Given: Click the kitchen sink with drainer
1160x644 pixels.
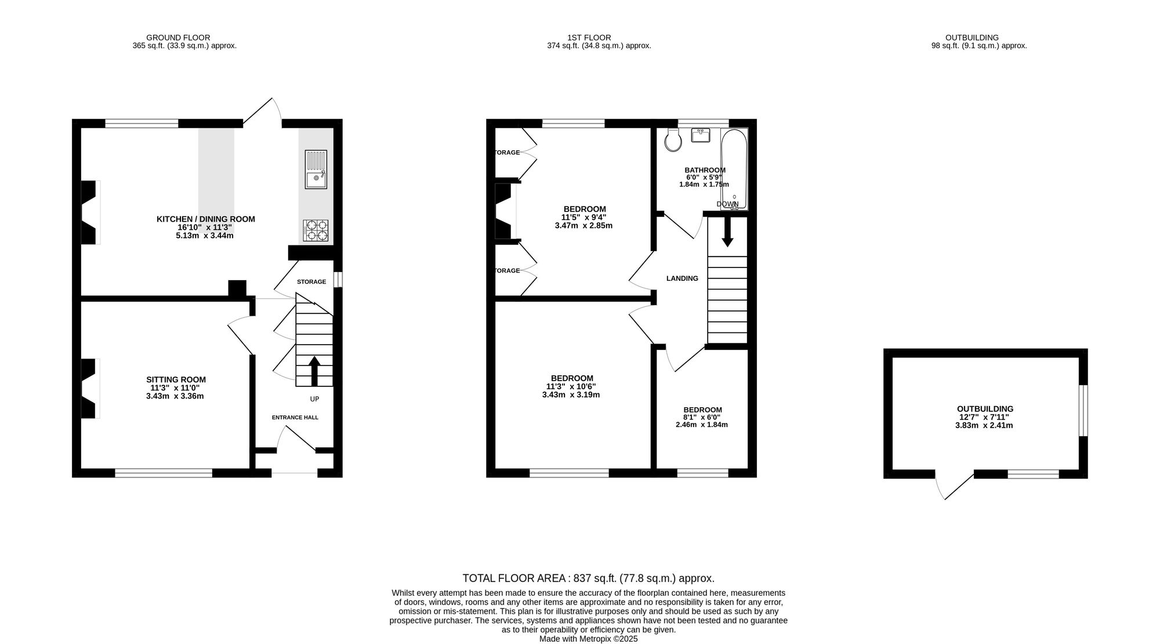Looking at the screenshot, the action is (x=316, y=169).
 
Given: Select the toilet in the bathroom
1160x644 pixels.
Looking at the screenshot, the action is (x=673, y=140).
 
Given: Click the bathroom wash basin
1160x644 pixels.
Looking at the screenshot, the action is (x=701, y=135).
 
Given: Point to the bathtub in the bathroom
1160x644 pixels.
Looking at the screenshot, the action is (x=734, y=169).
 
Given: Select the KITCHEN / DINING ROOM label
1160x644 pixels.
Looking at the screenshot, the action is (x=206, y=219).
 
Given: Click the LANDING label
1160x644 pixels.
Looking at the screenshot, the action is (x=682, y=278).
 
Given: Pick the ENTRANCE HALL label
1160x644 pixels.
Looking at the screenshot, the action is (x=295, y=417).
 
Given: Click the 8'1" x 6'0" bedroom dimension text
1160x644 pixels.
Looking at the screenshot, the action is (x=702, y=417).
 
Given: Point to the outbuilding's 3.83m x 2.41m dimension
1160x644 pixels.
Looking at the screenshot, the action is (x=984, y=425).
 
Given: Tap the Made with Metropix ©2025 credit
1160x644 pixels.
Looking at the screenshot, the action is (x=589, y=639).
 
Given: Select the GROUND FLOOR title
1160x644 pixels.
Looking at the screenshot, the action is (x=178, y=38).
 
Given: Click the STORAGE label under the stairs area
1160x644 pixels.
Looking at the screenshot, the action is (x=311, y=282).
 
